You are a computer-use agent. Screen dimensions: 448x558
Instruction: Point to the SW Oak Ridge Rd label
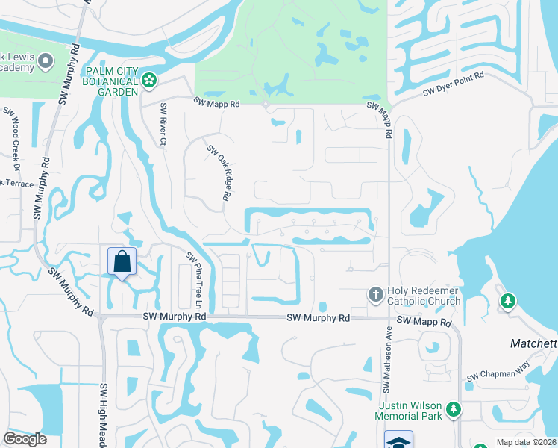click(217, 172)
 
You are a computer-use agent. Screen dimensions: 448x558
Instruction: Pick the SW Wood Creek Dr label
click(13, 134)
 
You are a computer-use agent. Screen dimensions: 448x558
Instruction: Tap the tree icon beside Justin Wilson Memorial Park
click(453, 409)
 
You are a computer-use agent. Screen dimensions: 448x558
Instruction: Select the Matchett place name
click(533, 343)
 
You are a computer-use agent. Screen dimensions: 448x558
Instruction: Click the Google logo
click(25, 439)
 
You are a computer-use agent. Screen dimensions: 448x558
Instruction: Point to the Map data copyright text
click(527, 442)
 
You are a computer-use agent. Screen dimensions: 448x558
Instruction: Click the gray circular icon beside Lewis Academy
click(46, 60)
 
